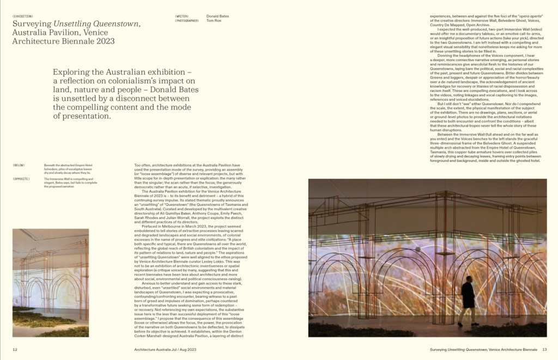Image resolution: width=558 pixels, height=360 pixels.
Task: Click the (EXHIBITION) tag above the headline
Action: (x=22, y=16)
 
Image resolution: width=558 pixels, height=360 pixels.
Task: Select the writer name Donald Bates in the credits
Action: (x=218, y=16)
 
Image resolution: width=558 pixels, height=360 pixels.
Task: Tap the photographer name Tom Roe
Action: (x=214, y=21)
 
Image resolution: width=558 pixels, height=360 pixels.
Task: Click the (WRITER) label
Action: (x=182, y=16)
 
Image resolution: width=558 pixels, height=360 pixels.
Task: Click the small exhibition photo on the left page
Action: (x=51, y=282)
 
